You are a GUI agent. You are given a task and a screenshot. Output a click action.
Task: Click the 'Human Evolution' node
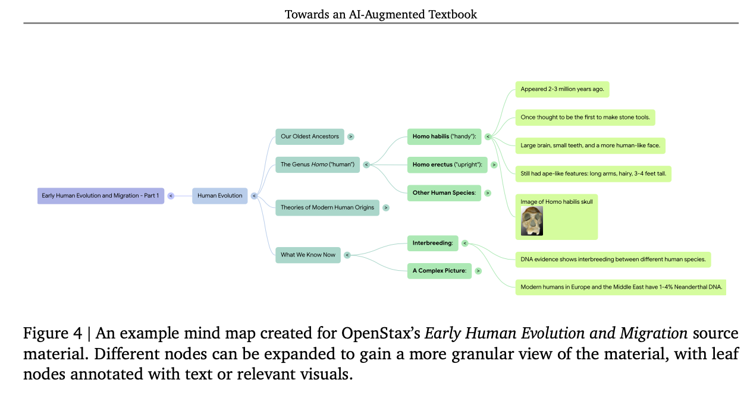pos(219,195)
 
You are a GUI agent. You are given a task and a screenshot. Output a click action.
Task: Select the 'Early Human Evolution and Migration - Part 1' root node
pos(101,195)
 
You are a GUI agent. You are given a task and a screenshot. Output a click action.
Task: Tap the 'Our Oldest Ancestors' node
pos(310,137)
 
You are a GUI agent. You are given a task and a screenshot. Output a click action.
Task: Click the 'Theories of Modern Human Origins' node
pos(327,207)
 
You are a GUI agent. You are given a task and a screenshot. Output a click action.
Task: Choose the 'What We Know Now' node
pos(308,255)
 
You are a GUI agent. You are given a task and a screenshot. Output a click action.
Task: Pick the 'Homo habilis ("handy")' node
pos(444,137)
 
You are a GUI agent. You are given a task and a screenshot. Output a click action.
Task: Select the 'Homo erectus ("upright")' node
pos(447,165)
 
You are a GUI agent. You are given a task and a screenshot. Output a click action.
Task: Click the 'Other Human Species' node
pos(444,193)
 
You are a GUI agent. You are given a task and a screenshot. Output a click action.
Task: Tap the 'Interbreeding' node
pos(432,243)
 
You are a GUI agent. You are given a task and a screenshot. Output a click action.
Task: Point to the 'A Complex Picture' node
pos(439,271)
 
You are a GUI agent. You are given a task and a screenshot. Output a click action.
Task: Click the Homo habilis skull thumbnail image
pos(532,221)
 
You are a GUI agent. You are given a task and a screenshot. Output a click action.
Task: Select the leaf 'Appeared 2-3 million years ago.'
pos(562,89)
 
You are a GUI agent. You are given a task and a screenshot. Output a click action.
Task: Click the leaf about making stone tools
pos(585,117)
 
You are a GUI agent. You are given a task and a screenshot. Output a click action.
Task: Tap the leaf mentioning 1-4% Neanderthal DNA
pos(620,287)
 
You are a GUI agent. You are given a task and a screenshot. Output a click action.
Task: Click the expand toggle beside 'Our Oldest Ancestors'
pos(351,137)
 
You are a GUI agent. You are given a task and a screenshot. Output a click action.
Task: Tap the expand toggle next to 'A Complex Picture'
pos(478,271)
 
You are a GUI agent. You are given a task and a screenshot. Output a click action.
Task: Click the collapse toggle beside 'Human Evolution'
pos(254,195)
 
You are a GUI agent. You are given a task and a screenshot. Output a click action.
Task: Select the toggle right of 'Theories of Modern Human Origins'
pos(386,207)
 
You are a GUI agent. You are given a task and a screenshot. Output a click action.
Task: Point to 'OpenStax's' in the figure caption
pos(383,334)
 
